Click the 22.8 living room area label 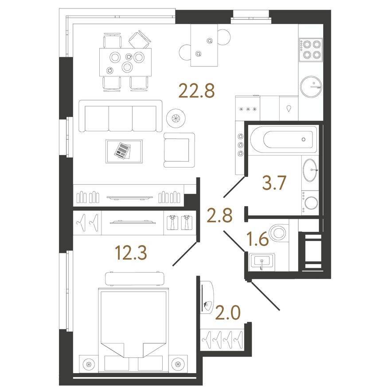click(196, 91)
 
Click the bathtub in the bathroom click(284, 139)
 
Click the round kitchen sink click(312, 86)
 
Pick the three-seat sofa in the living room click(121, 116)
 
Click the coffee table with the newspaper click(124, 151)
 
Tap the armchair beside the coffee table click(179, 150)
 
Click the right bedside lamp click(179, 364)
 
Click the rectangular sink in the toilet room click(262, 261)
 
